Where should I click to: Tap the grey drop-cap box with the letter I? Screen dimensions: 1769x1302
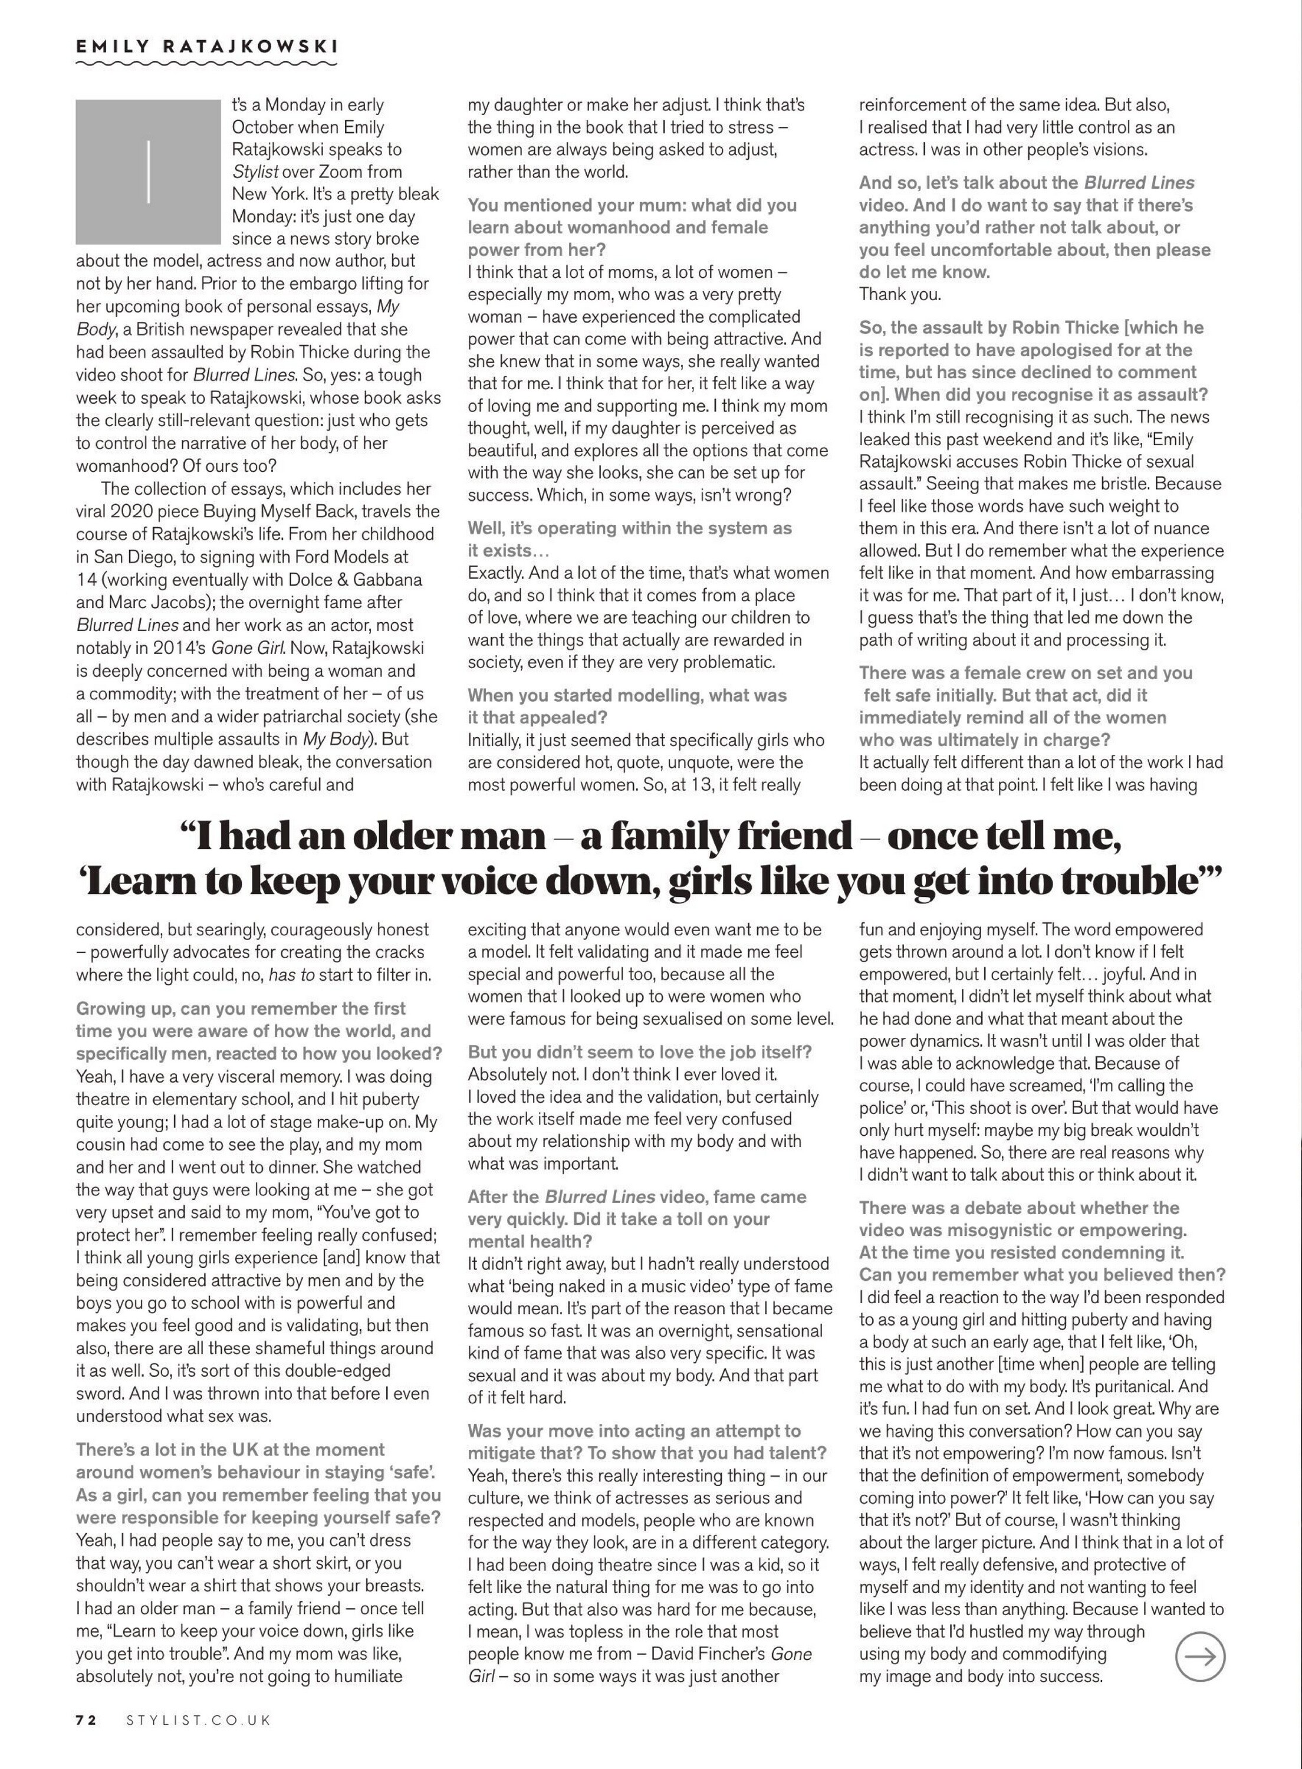click(x=147, y=171)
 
